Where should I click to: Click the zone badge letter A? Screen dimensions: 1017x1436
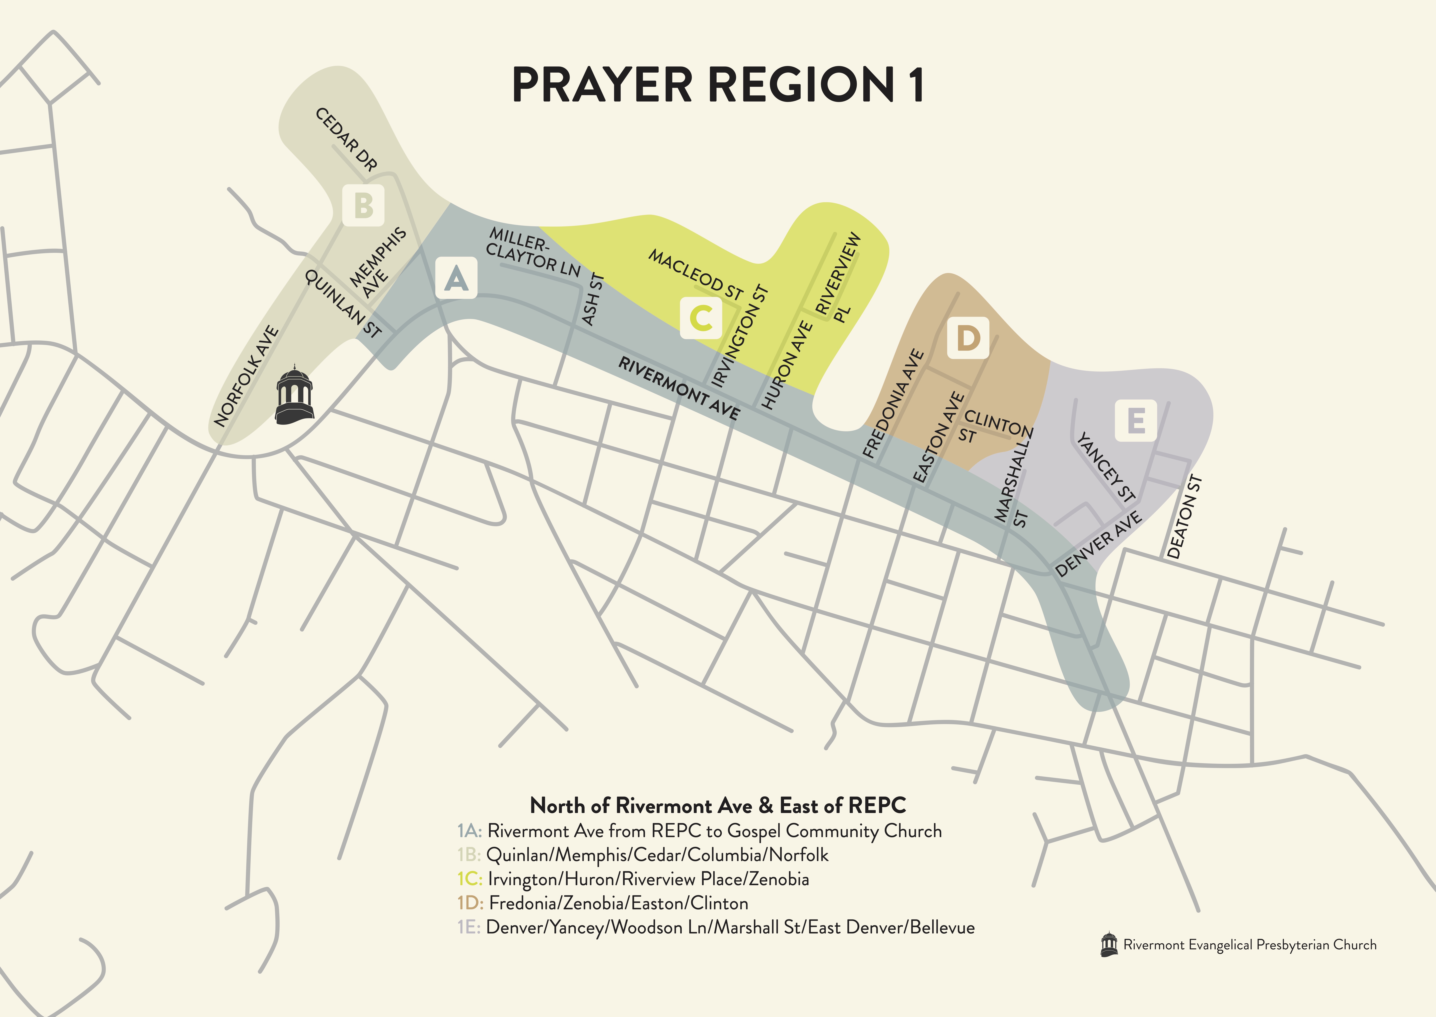(456, 278)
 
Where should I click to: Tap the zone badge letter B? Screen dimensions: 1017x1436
(363, 205)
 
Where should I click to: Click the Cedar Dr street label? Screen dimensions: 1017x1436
(346, 139)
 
